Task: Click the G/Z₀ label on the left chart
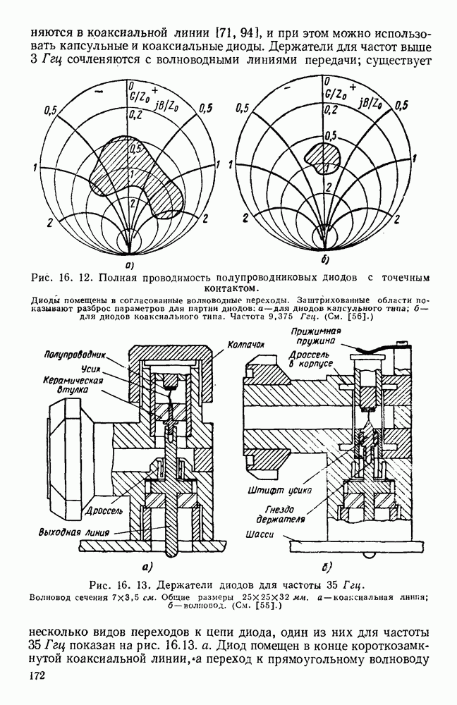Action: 136,94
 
